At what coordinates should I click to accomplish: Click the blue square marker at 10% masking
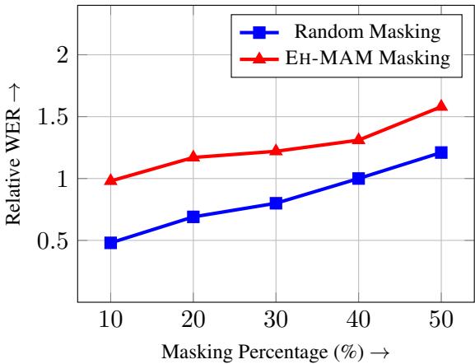pyautogui.click(x=110, y=243)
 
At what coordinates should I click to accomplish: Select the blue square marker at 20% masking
pyautogui.click(x=193, y=217)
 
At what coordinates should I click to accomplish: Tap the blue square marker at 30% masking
pyautogui.click(x=276, y=203)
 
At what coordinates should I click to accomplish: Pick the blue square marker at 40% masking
pyautogui.click(x=358, y=178)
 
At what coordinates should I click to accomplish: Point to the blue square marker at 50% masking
pyautogui.click(x=440, y=152)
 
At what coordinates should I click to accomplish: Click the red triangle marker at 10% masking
pyautogui.click(x=110, y=180)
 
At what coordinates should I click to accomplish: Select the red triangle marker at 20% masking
pyautogui.click(x=193, y=156)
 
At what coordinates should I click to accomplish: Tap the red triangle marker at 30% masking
pyautogui.click(x=276, y=151)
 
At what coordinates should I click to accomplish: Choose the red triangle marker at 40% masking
pyautogui.click(x=358, y=139)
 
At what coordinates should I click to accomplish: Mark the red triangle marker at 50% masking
pyautogui.click(x=440, y=105)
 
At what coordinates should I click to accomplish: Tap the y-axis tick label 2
pyautogui.click(x=60, y=54)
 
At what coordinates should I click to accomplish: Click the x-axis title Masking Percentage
pyautogui.click(x=275, y=352)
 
